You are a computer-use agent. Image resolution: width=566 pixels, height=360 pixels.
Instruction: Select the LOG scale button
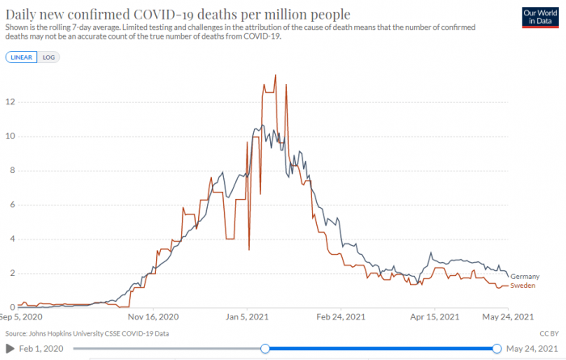[49, 57]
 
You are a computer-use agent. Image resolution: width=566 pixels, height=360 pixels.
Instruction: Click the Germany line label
[525, 277]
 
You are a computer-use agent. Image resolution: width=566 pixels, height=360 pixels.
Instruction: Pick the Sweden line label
[523, 286]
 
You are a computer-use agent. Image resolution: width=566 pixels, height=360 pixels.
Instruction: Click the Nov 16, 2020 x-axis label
[152, 317]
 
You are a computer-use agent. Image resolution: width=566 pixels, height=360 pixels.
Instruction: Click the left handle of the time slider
[264, 349]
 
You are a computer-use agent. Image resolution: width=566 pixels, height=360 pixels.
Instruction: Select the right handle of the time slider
[496, 349]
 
